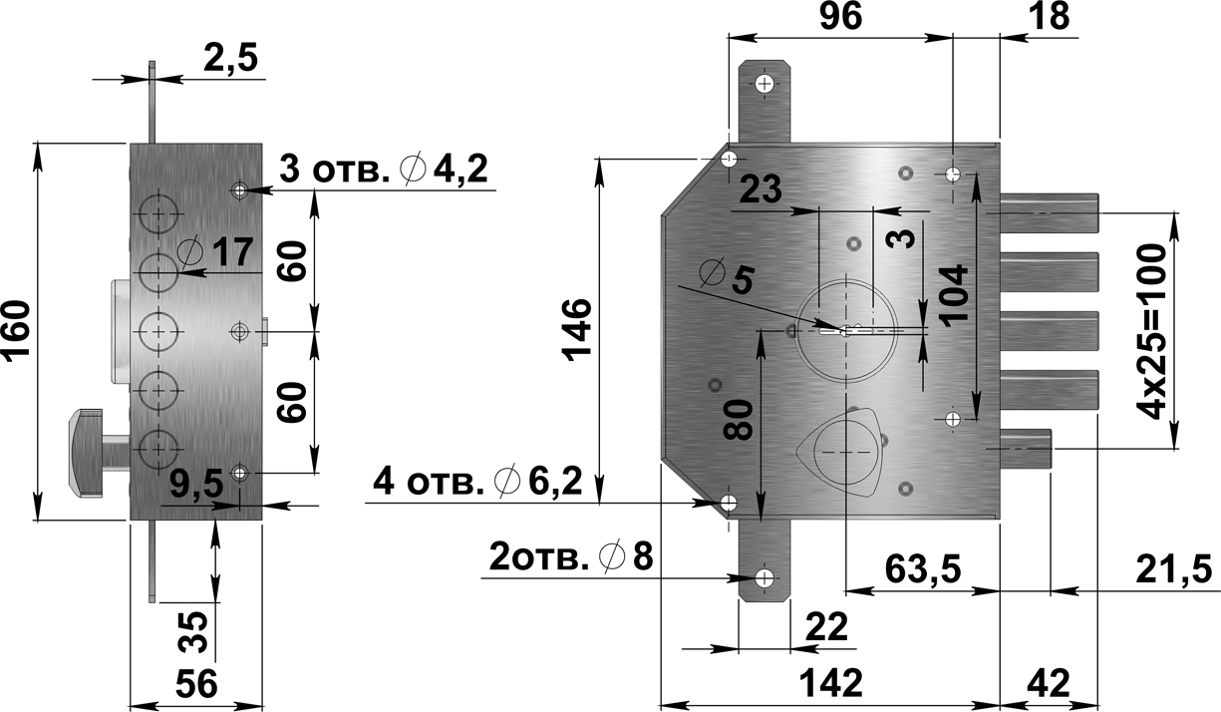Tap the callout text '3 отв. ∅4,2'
pos(384,170)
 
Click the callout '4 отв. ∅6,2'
pos(475,484)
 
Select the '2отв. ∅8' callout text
pos(570,556)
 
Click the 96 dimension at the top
pos(840,17)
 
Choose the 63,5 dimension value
pos(922,569)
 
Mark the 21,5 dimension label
pos(1173,569)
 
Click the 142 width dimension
pos(830,684)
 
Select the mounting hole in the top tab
pos(764,84)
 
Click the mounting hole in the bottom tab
pos(764,578)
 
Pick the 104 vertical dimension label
pos(953,291)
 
